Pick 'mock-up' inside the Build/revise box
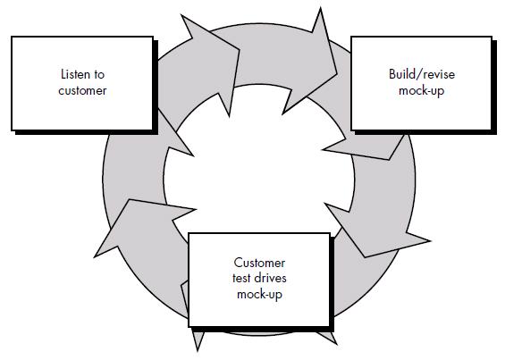(x=421, y=90)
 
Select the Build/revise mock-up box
(x=421, y=82)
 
